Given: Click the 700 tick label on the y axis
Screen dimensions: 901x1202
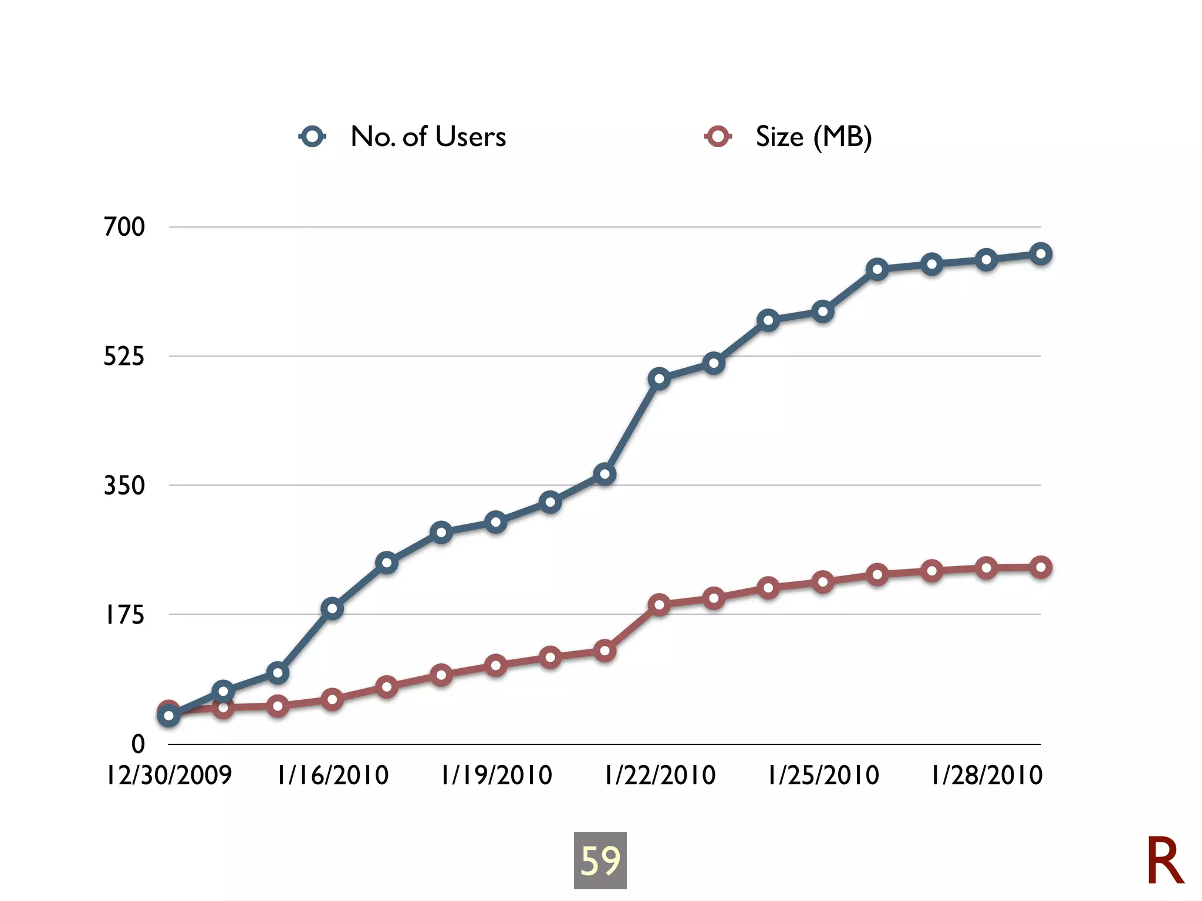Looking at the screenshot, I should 124,227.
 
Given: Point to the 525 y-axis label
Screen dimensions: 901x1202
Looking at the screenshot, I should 124,356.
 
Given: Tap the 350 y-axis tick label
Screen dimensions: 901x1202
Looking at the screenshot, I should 124,486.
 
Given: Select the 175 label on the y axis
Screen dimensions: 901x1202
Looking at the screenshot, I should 124,615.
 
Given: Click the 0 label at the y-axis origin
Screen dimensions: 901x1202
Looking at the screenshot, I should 138,744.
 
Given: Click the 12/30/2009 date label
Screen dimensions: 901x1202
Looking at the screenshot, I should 169,775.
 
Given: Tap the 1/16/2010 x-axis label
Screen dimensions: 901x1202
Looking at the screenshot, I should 333,775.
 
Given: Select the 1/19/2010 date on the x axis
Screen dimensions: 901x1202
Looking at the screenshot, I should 497,775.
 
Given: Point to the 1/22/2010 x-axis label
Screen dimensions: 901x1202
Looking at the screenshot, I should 660,775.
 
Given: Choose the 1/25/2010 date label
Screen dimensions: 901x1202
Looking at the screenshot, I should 823,775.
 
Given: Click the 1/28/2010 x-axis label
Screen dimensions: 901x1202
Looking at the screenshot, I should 987,775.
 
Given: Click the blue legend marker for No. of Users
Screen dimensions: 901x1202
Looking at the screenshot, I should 312,137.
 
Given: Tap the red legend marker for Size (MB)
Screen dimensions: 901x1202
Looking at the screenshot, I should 717,137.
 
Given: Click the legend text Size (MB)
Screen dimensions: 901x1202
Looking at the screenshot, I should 813,137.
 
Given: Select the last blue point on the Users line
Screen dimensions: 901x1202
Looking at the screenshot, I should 1041,254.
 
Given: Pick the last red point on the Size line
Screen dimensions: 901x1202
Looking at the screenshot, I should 1041,567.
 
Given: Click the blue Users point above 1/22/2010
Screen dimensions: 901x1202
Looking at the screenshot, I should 659,379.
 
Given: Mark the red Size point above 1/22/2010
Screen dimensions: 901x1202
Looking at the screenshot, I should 659,605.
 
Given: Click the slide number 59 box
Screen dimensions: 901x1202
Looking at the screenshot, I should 600,860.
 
